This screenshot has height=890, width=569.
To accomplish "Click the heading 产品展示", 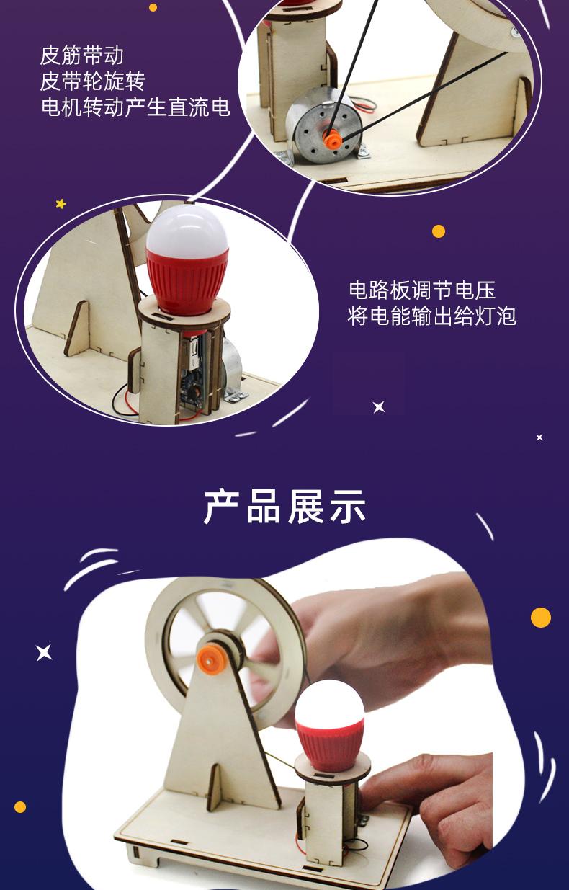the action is coord(284,507).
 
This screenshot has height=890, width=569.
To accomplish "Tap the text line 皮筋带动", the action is coord(82,55).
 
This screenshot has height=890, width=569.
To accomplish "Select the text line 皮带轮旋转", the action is coord(92,81).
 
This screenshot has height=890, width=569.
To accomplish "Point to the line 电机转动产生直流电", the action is coord(135,107).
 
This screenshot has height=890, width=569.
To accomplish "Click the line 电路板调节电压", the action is coord(422,290).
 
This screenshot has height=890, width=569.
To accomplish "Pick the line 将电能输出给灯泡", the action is coord(432,316).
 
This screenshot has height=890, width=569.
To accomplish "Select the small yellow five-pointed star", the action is coord(61,204).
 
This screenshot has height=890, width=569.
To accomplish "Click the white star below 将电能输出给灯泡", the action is coord(379,407).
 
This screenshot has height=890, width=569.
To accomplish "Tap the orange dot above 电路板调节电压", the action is coord(439,231).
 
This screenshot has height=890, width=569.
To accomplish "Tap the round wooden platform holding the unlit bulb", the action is coord(184,311).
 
